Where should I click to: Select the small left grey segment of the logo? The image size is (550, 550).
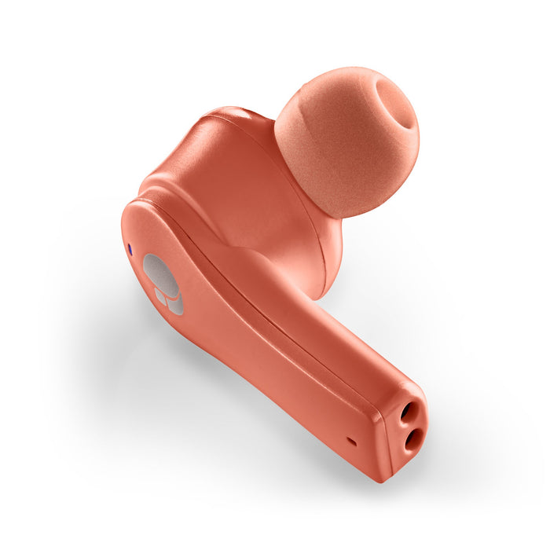(x=160, y=297)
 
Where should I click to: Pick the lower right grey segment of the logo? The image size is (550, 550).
(x=175, y=304)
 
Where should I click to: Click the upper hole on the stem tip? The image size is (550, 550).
(x=409, y=412)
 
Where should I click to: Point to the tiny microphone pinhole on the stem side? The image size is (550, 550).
(x=351, y=442)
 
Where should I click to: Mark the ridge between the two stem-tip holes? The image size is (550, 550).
(x=412, y=426)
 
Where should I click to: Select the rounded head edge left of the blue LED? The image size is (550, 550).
(x=123, y=236)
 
